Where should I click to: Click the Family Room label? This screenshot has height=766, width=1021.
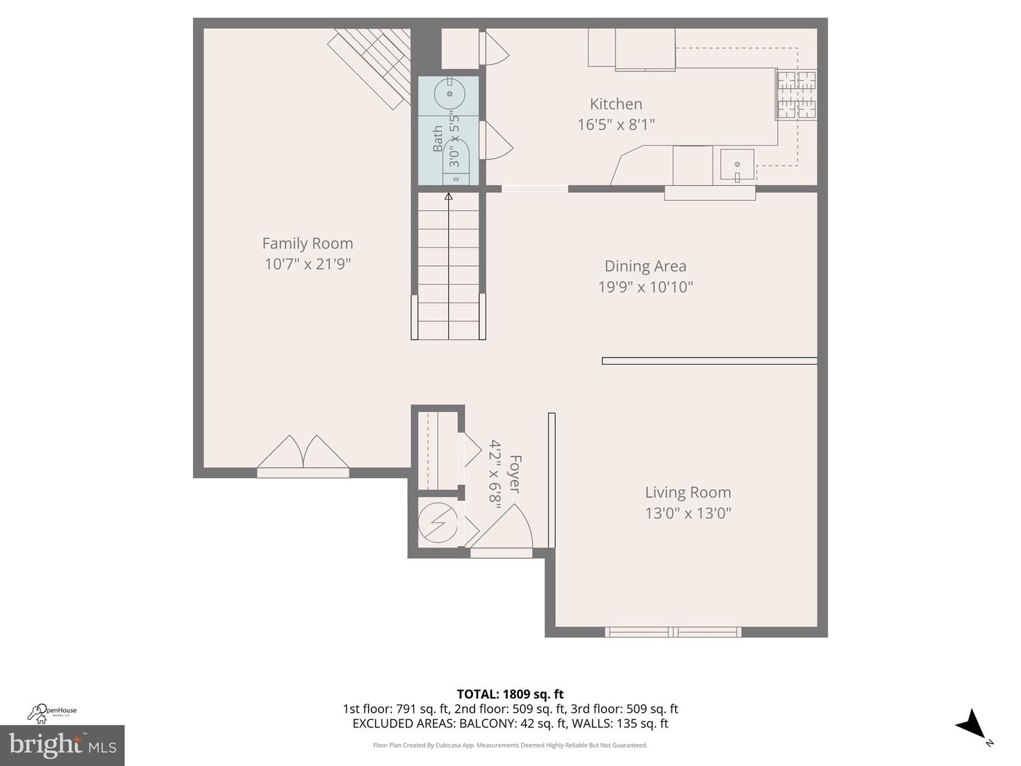(307, 243)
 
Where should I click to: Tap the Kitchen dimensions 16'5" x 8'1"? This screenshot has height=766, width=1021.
(615, 125)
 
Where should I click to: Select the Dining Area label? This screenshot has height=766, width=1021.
(645, 266)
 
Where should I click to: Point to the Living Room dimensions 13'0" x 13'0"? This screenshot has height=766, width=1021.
(688, 513)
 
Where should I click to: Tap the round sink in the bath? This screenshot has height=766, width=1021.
(450, 92)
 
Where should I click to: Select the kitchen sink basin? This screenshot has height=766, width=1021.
(737, 165)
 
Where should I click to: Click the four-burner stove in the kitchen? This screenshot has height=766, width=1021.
(796, 94)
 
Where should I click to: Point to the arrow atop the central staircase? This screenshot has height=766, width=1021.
(448, 197)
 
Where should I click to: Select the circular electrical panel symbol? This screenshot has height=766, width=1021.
(437, 523)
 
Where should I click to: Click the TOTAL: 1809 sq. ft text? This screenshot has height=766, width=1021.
(510, 694)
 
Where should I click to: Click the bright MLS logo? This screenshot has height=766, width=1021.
(62, 745)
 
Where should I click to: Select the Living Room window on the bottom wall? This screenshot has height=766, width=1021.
(673, 631)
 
